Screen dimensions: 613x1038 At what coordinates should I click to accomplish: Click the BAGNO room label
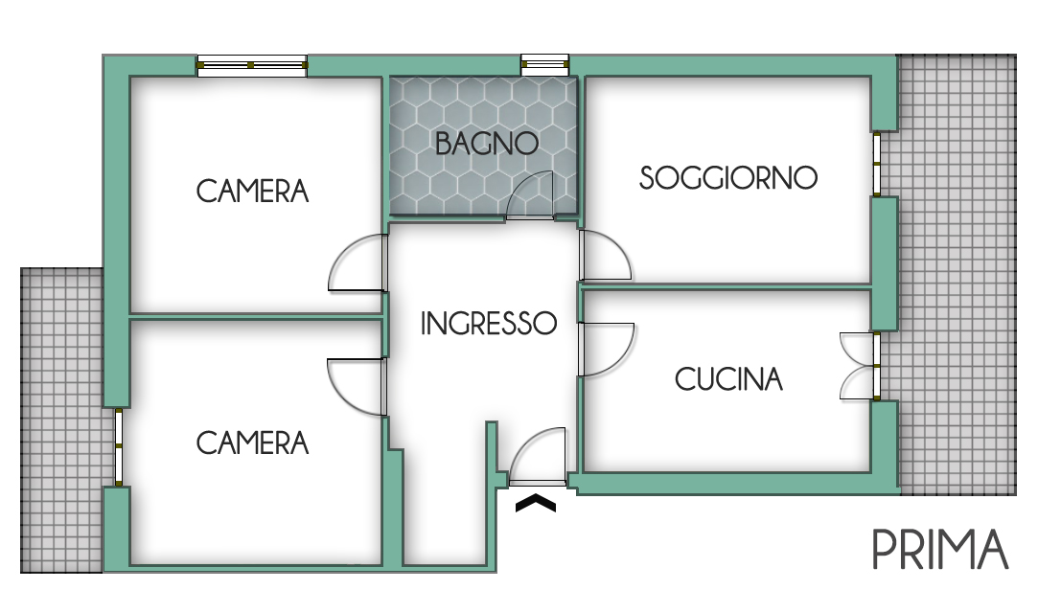point(486,144)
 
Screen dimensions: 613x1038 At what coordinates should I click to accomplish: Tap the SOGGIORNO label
point(728,178)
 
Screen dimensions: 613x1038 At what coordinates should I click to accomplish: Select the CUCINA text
point(728,379)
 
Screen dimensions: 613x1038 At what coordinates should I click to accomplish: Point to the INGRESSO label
point(489,324)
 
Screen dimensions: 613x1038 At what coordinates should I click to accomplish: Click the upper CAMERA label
point(253,192)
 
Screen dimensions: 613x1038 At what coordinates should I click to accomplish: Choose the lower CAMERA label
point(253,443)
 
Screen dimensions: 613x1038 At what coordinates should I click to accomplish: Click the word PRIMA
point(940,550)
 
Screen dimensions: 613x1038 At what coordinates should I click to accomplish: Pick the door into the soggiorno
point(604,256)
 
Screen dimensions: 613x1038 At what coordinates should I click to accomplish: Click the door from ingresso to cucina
point(605,349)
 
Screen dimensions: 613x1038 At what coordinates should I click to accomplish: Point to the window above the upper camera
point(252,65)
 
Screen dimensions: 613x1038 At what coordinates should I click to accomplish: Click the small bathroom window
point(544,65)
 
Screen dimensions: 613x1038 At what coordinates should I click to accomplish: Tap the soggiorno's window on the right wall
point(877,164)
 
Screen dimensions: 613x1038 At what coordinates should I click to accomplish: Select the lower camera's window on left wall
point(118,447)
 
